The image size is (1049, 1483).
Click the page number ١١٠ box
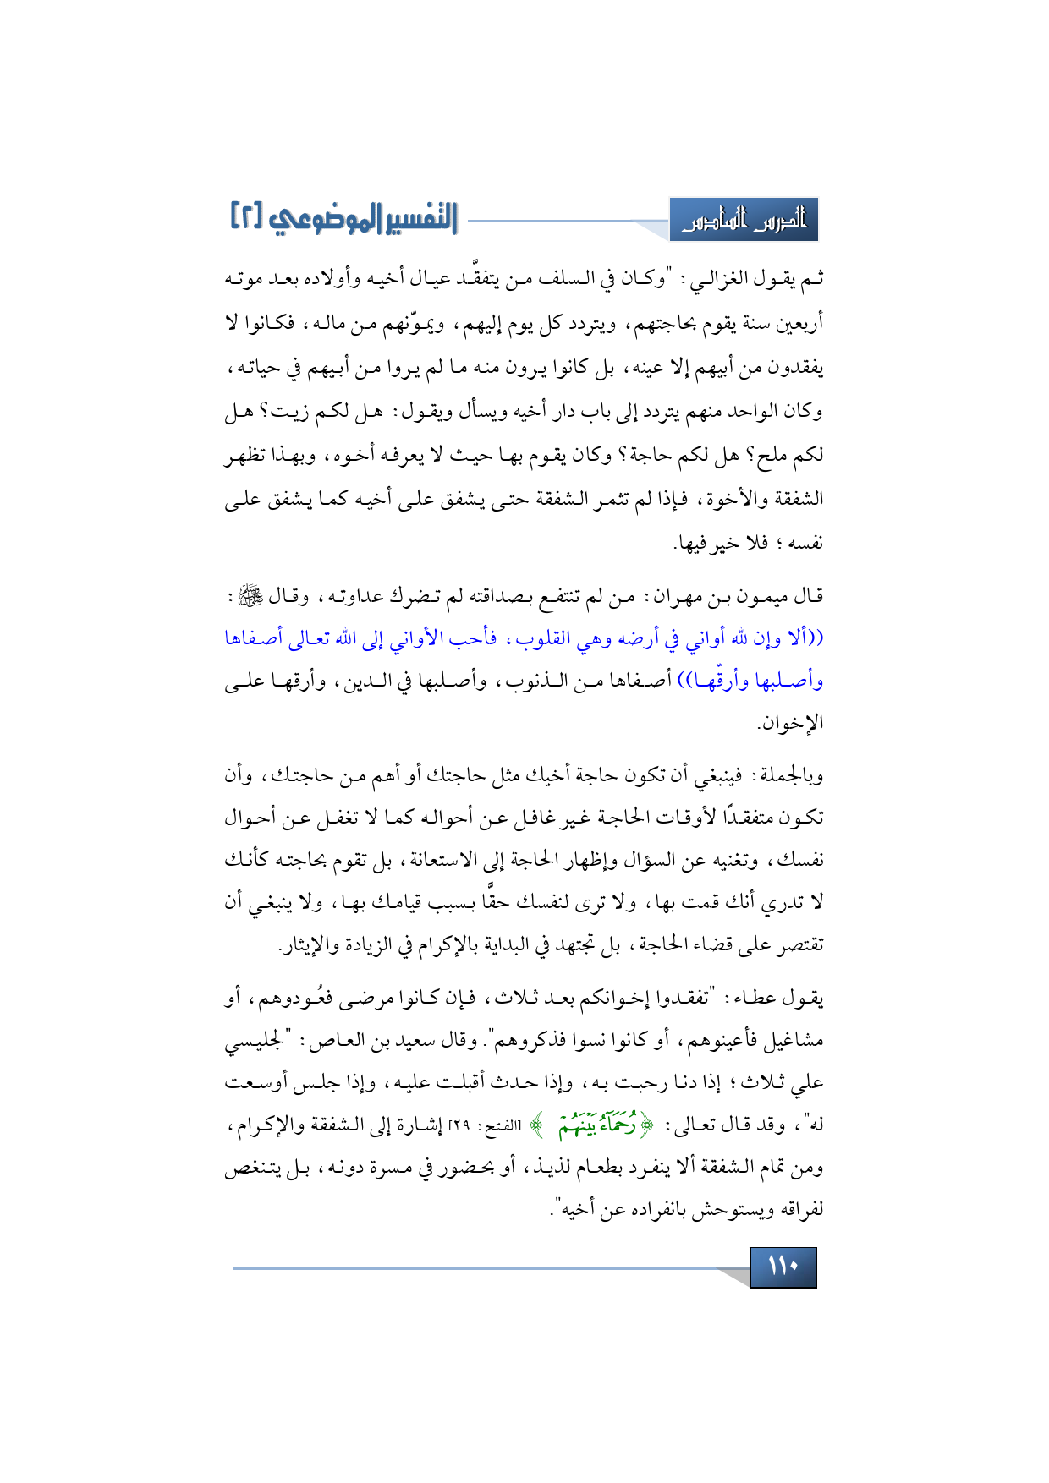click(783, 1267)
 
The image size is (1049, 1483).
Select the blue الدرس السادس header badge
click(743, 220)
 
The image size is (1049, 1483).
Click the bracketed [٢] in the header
click(246, 218)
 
